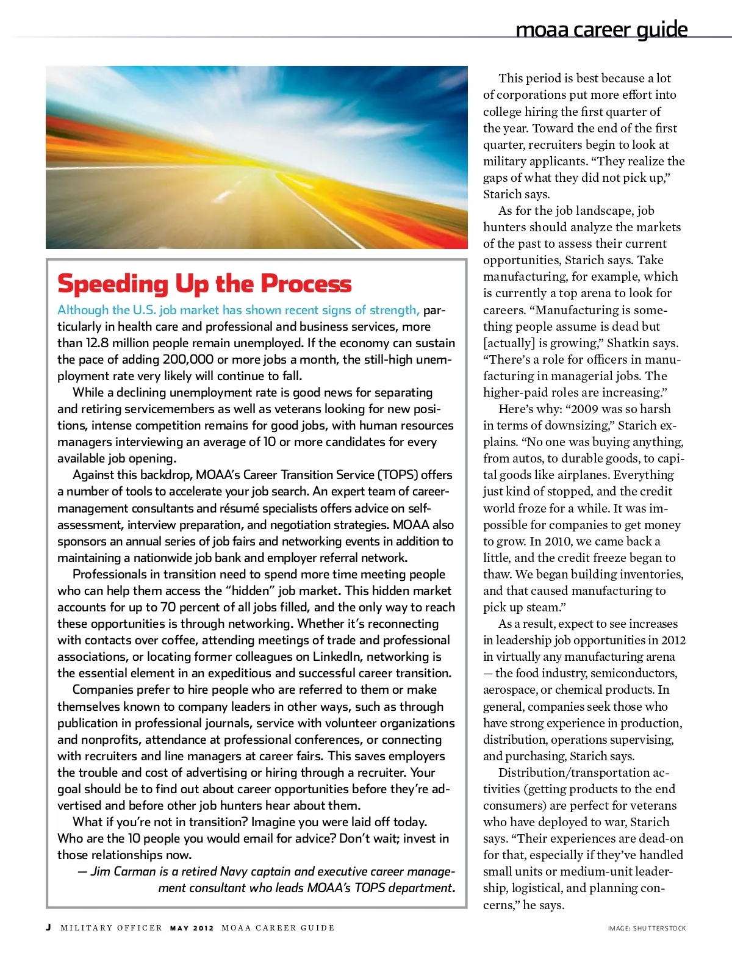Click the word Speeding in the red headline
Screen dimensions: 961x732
point(113,285)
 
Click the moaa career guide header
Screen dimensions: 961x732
point(601,29)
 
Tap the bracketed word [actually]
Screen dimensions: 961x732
point(509,343)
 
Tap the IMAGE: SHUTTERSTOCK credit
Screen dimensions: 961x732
point(647,928)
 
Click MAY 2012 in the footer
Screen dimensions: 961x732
point(192,928)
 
